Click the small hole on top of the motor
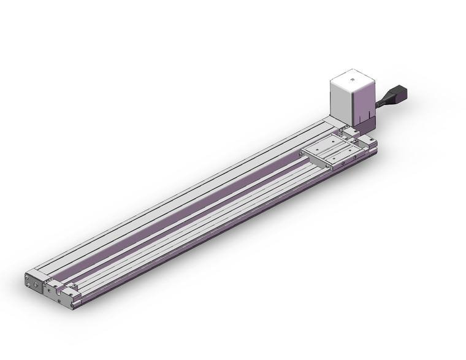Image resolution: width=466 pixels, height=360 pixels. coord(352,79)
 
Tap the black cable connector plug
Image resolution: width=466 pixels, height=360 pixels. coord(397,94)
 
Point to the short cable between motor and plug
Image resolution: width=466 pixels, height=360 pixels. coord(382,102)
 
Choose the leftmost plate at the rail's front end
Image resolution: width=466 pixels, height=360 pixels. coord(34,283)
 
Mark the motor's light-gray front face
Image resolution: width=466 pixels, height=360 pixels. coord(342,101)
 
